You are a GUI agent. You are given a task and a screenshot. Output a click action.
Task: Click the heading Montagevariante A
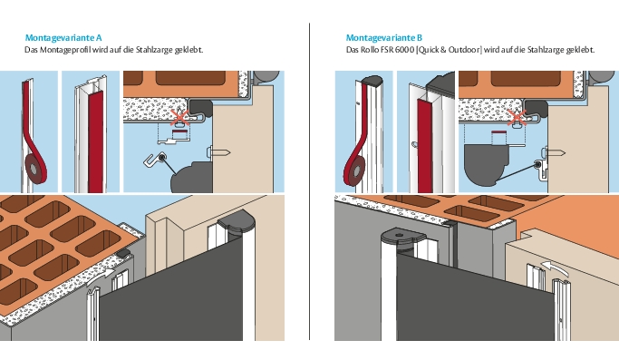coord(63,37)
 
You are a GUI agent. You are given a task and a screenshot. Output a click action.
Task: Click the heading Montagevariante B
coord(384,37)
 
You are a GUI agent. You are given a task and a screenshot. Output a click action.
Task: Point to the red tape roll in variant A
coord(34,168)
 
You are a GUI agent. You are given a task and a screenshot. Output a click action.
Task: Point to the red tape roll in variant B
coord(355,170)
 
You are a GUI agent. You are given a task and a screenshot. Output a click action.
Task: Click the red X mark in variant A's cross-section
coord(179,118)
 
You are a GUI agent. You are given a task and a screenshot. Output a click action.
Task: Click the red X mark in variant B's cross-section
coord(516,118)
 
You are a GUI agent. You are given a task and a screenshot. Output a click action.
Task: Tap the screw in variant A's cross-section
coord(218,152)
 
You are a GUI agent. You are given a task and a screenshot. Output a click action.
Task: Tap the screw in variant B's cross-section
coord(554,152)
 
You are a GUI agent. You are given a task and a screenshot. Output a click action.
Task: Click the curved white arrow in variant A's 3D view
coord(100,276)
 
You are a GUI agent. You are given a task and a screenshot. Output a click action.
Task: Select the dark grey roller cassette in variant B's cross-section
coord(485,163)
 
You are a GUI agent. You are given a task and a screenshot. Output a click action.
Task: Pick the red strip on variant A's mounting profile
coord(95,141)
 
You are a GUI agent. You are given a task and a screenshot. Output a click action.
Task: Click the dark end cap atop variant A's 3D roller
coord(237,222)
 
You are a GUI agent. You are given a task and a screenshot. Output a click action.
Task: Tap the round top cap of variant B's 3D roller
coord(403,236)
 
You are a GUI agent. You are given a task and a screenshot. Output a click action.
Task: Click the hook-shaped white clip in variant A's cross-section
coord(154,160)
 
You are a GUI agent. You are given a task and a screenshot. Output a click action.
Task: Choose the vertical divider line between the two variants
coord(310,181)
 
